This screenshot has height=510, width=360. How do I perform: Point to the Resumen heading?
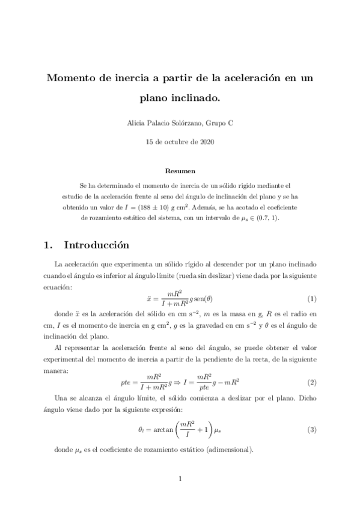[180, 171]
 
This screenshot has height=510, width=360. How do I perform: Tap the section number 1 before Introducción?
[47, 246]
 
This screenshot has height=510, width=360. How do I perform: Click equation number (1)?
[311, 299]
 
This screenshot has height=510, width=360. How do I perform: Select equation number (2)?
[311, 382]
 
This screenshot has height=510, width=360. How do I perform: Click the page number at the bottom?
[180, 479]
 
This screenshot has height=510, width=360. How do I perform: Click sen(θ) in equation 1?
[203, 299]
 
